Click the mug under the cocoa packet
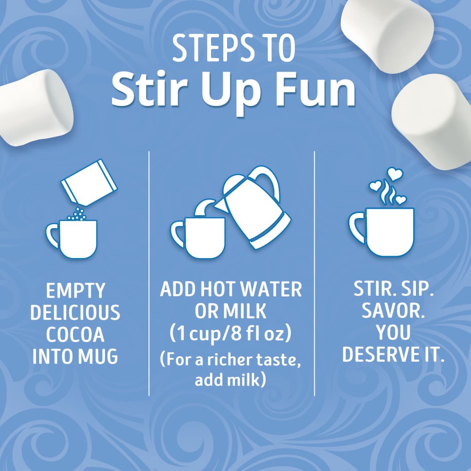[75, 238]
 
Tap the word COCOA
[75, 335]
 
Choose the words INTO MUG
[75, 357]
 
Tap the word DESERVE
[381, 355]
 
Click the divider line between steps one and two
[149, 273]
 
